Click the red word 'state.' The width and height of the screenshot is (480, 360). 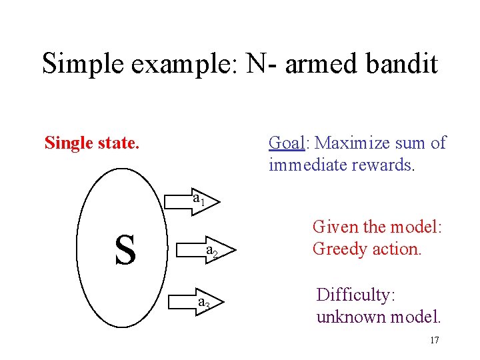pos(119,143)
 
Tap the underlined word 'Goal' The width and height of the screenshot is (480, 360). pos(286,143)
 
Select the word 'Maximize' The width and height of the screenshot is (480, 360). pos(351,143)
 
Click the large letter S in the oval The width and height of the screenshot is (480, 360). pos(125,249)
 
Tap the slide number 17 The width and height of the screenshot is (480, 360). pos(434,340)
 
